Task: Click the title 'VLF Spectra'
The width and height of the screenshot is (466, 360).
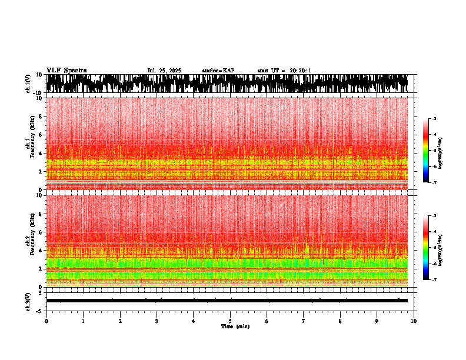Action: (x=66, y=71)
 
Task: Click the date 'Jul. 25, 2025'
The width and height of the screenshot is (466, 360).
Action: (x=164, y=71)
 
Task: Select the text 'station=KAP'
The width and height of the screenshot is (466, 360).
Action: (x=218, y=71)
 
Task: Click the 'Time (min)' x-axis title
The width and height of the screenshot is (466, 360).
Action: (x=235, y=326)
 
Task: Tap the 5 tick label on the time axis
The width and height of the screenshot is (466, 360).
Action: (x=230, y=321)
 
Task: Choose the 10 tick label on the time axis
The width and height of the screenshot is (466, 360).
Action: (x=414, y=321)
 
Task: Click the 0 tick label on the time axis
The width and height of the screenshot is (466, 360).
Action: (x=46, y=321)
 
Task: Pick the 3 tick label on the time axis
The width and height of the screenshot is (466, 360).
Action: (x=157, y=321)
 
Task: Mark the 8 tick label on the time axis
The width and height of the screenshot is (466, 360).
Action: (x=340, y=321)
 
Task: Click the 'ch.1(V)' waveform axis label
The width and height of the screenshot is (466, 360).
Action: (x=28, y=84)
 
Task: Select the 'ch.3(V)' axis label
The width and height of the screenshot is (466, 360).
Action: (x=28, y=301)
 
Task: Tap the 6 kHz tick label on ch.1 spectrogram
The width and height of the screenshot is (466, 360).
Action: (x=39, y=135)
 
